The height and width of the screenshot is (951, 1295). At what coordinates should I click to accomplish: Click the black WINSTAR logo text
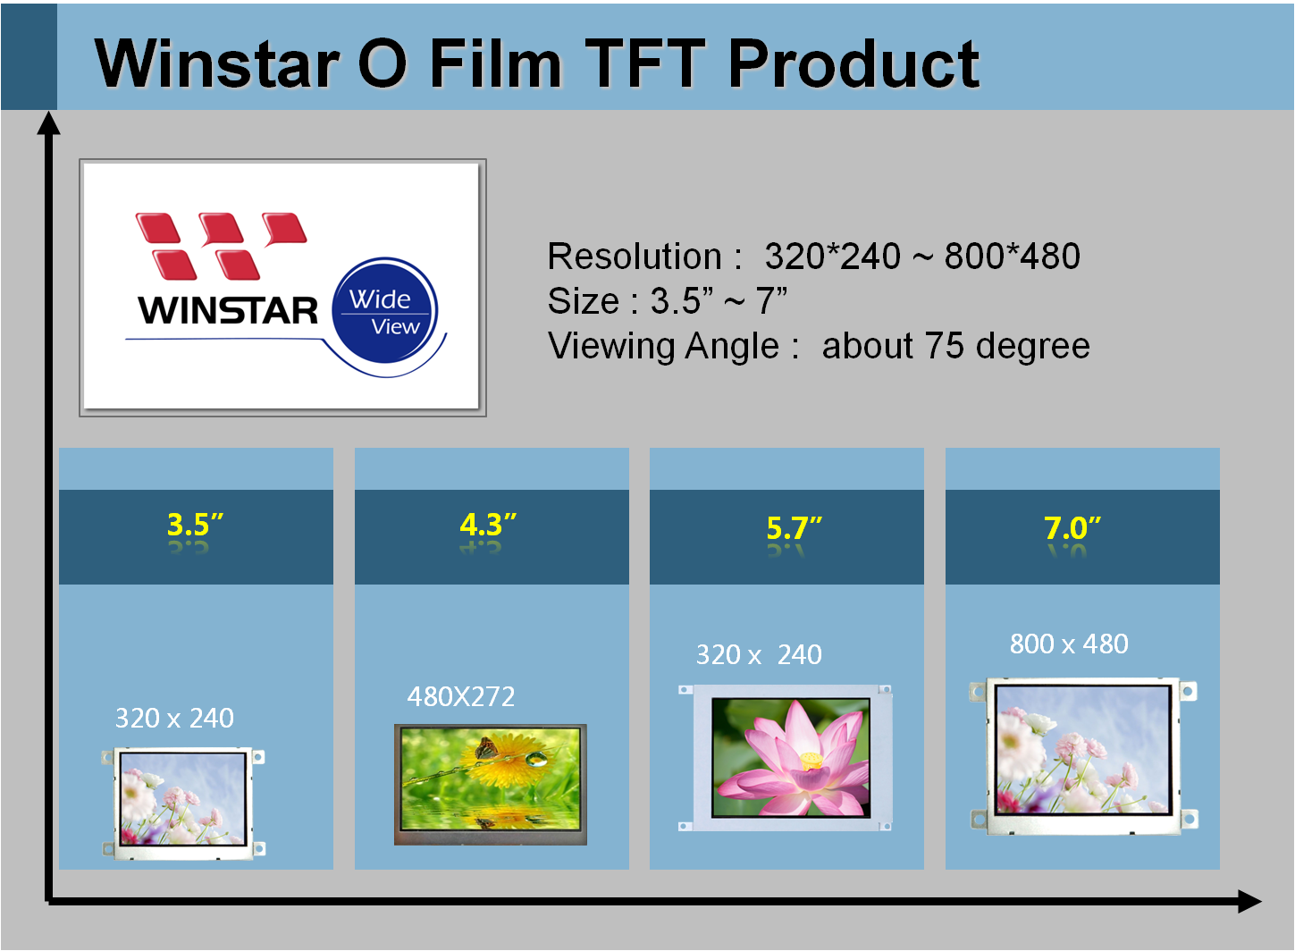(228, 311)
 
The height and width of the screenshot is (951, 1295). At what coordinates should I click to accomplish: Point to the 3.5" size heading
(195, 525)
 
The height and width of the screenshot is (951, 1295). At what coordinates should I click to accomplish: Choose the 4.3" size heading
(488, 525)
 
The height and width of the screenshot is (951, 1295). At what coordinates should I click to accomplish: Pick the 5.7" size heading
(794, 528)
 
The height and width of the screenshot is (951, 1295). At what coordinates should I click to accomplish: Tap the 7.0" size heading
(1072, 528)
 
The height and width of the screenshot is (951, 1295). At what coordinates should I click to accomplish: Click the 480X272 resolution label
(461, 696)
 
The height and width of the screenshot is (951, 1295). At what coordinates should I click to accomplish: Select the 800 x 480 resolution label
(1069, 644)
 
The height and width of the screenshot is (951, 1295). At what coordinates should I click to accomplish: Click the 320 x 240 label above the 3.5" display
(174, 718)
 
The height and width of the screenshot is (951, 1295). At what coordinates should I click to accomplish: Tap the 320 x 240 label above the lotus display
(759, 655)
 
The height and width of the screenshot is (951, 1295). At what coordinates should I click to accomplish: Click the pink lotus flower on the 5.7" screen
(795, 760)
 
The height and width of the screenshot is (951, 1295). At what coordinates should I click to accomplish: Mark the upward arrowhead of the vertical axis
(49, 122)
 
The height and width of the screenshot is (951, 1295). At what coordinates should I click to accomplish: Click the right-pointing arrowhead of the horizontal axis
(1249, 901)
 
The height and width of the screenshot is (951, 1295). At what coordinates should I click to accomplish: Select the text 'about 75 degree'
(955, 346)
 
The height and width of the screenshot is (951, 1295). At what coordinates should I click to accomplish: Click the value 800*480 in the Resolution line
(1012, 257)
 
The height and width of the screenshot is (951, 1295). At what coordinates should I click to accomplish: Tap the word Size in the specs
(583, 301)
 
